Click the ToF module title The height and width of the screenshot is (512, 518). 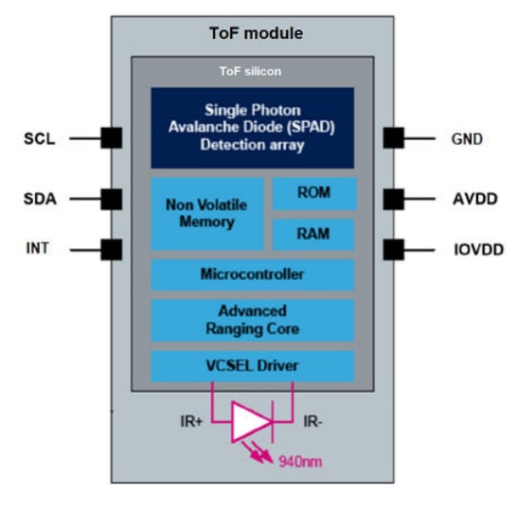(256, 33)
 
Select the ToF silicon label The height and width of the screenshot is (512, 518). (251, 71)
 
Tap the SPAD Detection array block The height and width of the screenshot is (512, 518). (253, 127)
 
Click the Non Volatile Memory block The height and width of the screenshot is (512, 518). (206, 213)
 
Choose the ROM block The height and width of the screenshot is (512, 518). (313, 193)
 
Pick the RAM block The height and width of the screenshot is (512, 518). (313, 234)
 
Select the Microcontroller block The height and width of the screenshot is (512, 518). (252, 274)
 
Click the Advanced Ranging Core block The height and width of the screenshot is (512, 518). (252, 320)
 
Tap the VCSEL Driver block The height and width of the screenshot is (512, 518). (252, 365)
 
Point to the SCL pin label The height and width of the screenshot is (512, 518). (39, 139)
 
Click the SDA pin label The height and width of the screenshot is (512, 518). (39, 200)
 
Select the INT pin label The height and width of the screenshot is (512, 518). (39, 250)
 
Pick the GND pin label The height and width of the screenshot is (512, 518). (467, 139)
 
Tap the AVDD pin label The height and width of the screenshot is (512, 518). (471, 200)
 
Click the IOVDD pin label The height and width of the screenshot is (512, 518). (474, 250)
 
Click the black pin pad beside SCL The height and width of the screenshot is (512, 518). (112, 138)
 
